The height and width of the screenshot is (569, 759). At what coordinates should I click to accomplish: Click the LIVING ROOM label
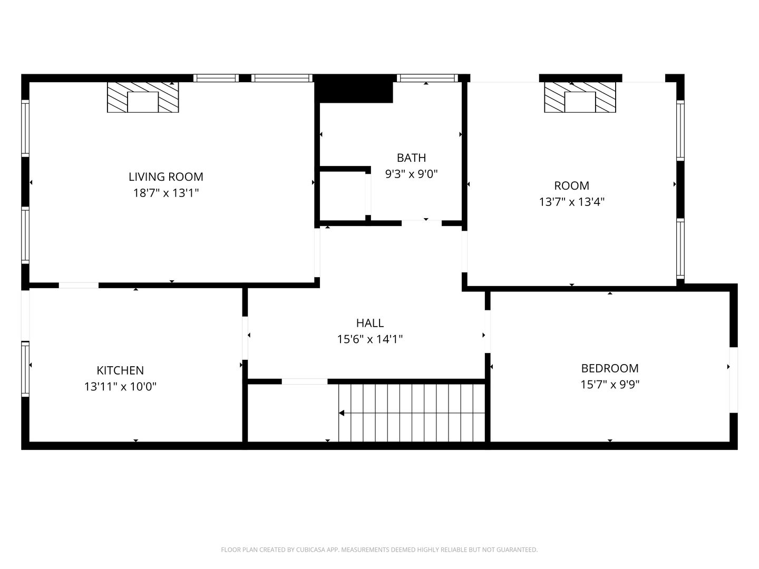click(x=166, y=177)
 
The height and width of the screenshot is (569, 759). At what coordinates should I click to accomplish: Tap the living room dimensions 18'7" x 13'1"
click(x=166, y=193)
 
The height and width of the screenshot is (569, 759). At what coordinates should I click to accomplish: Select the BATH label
click(x=411, y=158)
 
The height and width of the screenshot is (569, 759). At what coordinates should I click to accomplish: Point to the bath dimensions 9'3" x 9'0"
click(x=411, y=174)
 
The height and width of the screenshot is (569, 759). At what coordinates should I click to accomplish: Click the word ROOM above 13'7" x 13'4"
click(x=571, y=186)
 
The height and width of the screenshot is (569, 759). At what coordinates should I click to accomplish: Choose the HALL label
click(x=370, y=323)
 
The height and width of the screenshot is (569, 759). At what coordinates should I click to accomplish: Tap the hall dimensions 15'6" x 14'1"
click(x=370, y=339)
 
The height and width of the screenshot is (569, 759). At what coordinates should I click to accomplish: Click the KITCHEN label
click(x=120, y=370)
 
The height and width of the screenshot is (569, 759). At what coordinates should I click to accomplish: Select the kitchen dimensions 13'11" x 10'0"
click(x=120, y=386)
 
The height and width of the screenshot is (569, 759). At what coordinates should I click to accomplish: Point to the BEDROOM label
click(x=610, y=368)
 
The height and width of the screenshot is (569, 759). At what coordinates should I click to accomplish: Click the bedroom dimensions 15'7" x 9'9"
click(x=610, y=384)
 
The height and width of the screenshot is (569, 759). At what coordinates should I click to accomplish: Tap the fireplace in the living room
click(x=143, y=97)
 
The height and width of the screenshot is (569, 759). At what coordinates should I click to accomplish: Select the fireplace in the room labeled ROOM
click(x=580, y=97)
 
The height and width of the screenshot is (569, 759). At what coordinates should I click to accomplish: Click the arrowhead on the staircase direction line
click(x=342, y=413)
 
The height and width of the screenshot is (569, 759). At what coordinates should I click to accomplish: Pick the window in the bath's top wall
click(x=427, y=78)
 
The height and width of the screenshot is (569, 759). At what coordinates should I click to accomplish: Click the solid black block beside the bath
click(x=354, y=89)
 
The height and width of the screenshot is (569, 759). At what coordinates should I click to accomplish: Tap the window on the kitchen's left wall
click(x=25, y=369)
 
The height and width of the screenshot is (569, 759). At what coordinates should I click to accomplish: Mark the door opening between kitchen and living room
click(x=79, y=286)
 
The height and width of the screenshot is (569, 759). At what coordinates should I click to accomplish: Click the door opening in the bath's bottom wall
click(x=422, y=223)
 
